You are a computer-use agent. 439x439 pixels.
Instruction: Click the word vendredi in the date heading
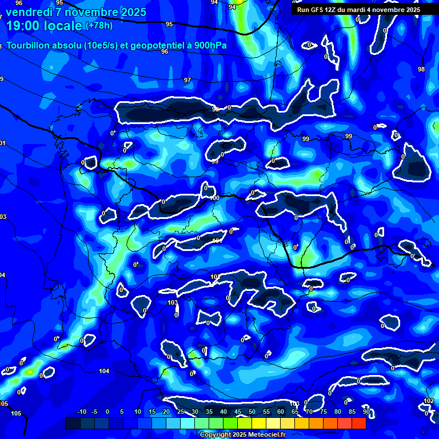29,11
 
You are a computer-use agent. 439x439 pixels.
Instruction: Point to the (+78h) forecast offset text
99,26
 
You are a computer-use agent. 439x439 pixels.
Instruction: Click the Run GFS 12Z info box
358,10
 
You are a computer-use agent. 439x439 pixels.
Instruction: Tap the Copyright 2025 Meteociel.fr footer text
242,434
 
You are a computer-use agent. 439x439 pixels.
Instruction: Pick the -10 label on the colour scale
81,412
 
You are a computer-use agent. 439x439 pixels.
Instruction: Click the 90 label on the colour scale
366,412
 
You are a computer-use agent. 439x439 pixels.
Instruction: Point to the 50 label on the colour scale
252,412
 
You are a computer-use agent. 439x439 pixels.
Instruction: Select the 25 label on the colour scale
181,412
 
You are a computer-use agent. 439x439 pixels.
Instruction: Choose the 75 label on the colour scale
323,412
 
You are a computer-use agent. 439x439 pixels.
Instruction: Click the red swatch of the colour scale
358,423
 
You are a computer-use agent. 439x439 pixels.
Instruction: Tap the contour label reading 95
169,24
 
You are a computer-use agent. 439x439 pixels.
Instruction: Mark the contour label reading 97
187,80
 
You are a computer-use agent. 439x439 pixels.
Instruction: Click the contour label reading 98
421,69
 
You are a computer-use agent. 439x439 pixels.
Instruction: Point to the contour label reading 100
215,198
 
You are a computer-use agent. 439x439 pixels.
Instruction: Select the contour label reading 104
104,372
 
